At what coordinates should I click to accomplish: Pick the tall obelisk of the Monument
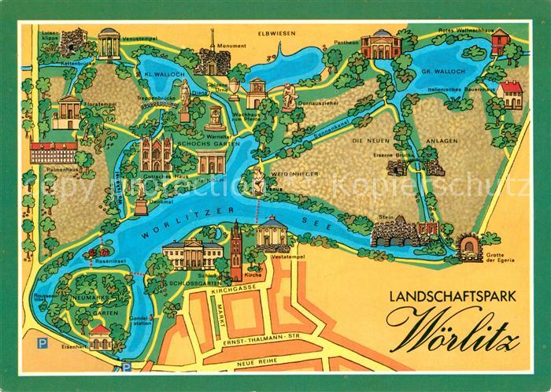[211, 43]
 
